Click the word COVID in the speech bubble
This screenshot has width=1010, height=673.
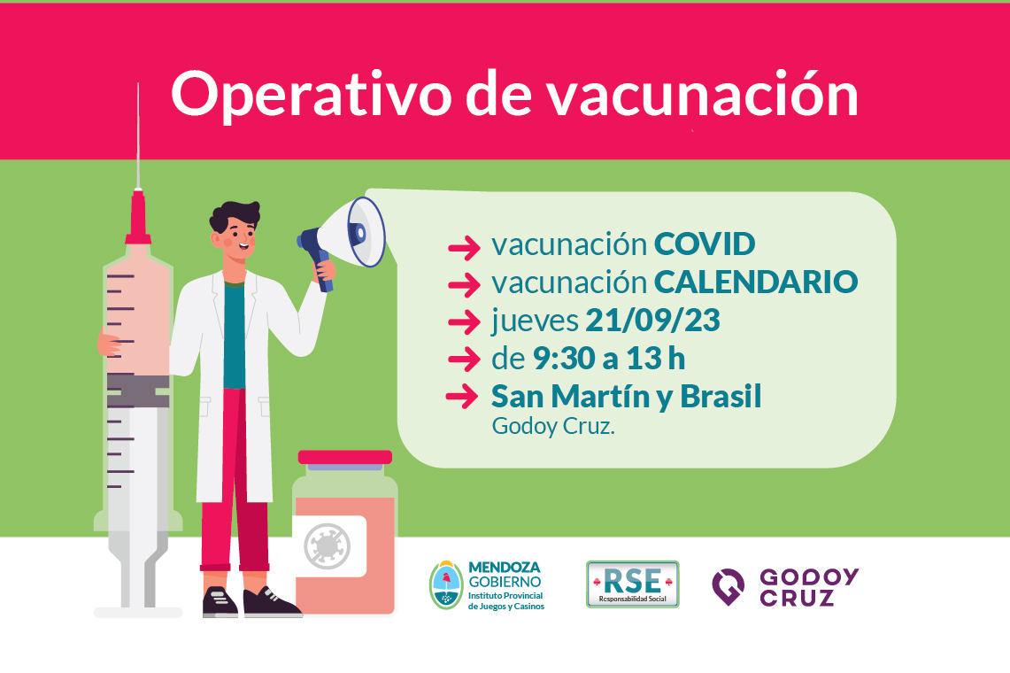tap(705, 244)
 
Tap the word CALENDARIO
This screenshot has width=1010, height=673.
tap(756, 282)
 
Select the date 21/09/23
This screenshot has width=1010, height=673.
tap(652, 320)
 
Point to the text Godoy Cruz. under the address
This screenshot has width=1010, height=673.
tap(553, 427)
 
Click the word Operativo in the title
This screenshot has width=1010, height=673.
tap(311, 95)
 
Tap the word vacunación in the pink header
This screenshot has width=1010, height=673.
tap(703, 95)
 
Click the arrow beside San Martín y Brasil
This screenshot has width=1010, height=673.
tap(462, 397)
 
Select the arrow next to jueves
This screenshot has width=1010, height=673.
tap(465, 321)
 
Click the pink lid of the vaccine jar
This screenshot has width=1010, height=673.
tap(345, 457)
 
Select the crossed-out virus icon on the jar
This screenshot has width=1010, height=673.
tap(328, 546)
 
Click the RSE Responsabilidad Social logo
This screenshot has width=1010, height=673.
tap(633, 584)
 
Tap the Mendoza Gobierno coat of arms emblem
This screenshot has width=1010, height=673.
tap(446, 585)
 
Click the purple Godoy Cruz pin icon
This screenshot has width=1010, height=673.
tap(728, 586)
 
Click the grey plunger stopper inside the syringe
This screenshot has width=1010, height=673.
tap(138, 391)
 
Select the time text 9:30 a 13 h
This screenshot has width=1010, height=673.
tap(609, 359)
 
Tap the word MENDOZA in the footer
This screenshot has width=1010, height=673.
tap(505, 568)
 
